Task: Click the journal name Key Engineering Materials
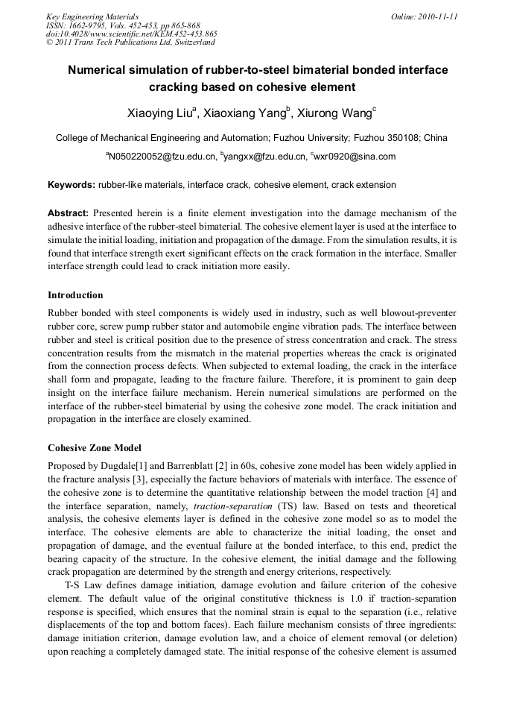92,16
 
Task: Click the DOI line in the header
132,34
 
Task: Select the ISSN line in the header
123,25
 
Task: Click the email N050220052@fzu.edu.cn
162,157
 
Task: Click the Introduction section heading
75,295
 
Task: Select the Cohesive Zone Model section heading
94,448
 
